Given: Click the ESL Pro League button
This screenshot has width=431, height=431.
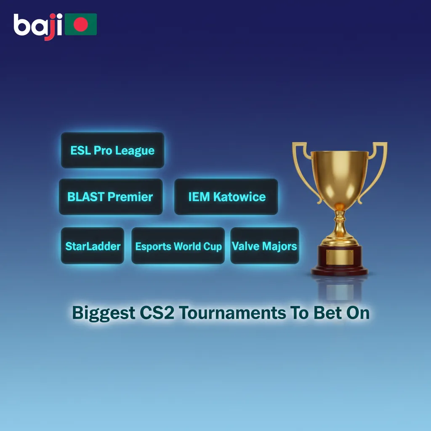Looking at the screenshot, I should pos(112,150).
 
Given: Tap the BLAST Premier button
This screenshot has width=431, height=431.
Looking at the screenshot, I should pos(110,197).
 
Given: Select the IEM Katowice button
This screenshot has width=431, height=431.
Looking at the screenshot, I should pos(226,197).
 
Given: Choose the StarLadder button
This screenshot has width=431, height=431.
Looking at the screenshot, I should pos(93,246).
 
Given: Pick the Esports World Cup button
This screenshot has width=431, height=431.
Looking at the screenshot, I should pos(178,246).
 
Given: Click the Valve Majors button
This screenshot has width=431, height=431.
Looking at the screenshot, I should pos(265,246).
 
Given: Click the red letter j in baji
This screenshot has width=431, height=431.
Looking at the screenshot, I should pos(50,27).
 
